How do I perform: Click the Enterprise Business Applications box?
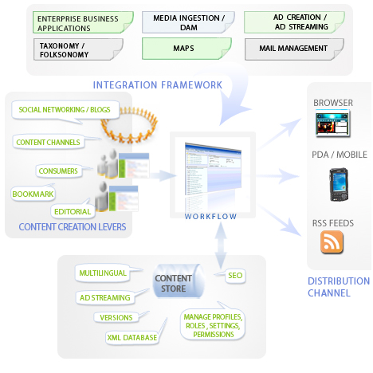[83, 22]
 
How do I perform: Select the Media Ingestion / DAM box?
[188, 22]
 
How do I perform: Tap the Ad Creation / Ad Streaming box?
[294, 22]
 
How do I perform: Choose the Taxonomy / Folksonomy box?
[78, 49]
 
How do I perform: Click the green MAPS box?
[186, 49]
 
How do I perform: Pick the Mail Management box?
[294, 49]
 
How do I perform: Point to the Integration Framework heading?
[158, 85]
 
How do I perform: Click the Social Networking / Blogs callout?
[65, 110]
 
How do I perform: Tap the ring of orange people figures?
[129, 124]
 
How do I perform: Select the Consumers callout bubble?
[58, 171]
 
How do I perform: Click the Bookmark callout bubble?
[33, 194]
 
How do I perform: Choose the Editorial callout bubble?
[73, 211]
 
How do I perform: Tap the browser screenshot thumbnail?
[332, 124]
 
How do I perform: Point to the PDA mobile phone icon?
[339, 184]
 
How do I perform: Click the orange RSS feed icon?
[332, 242]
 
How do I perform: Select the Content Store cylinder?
[179, 281]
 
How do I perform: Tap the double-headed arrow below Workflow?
[220, 245]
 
